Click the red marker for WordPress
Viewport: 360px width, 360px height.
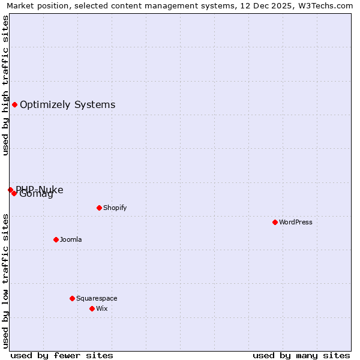(x=275, y=222)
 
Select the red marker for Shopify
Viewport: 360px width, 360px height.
(x=99, y=208)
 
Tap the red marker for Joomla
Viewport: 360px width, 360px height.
(x=56, y=239)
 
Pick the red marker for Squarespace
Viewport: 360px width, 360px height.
(x=72, y=298)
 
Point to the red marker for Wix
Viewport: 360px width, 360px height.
(x=92, y=308)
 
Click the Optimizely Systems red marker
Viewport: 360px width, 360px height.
(x=14, y=105)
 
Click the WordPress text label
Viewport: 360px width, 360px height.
(x=296, y=222)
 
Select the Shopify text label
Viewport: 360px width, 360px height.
(x=115, y=208)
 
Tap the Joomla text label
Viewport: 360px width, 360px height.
(x=71, y=239)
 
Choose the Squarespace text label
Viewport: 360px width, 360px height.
(x=97, y=298)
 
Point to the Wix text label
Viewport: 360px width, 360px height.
(x=102, y=308)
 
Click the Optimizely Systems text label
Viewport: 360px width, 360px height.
(x=67, y=105)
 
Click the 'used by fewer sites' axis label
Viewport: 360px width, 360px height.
(x=62, y=355)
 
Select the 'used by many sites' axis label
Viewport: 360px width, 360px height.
(x=301, y=355)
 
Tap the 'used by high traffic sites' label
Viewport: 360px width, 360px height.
(x=6, y=86)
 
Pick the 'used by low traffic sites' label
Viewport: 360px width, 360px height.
(x=6, y=280)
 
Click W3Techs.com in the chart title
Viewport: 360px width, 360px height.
(x=329, y=5)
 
